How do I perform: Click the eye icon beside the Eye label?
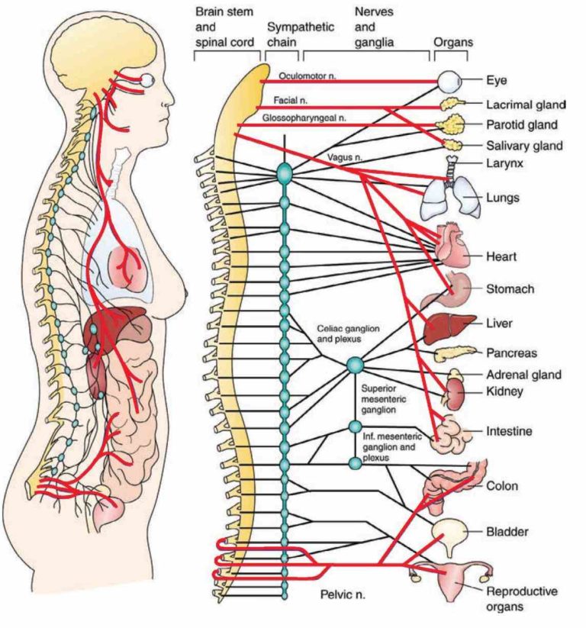449,79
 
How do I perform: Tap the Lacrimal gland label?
525,104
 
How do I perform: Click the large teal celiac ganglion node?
355,366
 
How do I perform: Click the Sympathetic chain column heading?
301,35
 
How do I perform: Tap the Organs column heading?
453,43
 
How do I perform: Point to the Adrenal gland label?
523,375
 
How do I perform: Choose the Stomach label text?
510,289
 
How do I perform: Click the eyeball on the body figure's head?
148,80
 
